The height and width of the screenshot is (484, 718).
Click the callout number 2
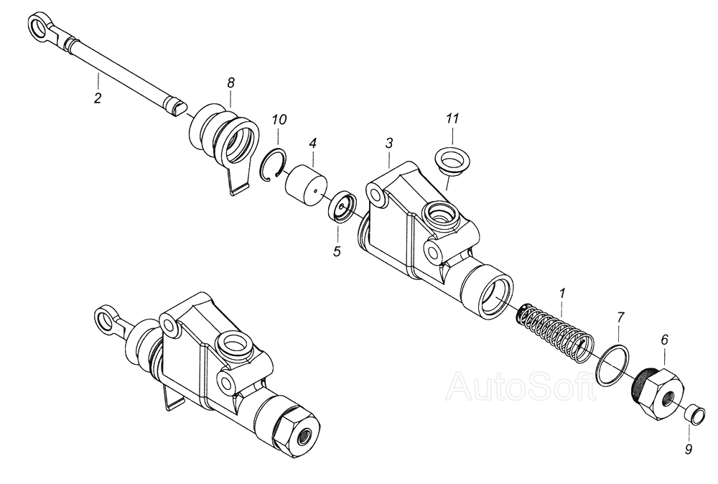(98, 98)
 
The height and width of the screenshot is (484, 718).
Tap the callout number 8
(230, 83)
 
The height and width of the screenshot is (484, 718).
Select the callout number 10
(279, 118)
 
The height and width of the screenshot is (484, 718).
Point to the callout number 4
(312, 143)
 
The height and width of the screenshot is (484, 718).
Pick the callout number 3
(388, 143)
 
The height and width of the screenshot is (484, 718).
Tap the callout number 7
(621, 315)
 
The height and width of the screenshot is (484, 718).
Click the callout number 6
(664, 338)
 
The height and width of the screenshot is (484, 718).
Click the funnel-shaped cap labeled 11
(451, 159)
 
